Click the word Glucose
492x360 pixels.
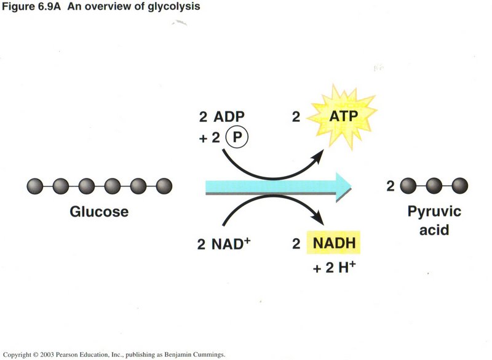(99, 212)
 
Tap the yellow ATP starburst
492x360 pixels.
(343, 117)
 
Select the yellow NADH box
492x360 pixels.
(334, 242)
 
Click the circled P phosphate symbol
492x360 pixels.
(237, 137)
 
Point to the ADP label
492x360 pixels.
(229, 117)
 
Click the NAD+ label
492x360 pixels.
(231, 244)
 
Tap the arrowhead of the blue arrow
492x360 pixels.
(344, 186)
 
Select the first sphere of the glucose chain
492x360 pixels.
(35, 186)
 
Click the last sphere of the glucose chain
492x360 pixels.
(164, 186)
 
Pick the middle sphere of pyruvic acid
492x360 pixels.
(434, 186)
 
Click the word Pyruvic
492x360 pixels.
(434, 212)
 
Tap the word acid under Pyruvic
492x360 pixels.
(434, 230)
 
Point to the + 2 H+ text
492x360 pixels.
(334, 268)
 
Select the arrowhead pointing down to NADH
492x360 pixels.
(317, 217)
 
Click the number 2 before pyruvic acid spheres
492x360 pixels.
(391, 186)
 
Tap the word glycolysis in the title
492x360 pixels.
(174, 6)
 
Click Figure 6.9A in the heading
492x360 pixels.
(31, 6)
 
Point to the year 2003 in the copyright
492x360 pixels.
(47, 354)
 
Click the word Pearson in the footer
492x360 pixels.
(67, 354)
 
